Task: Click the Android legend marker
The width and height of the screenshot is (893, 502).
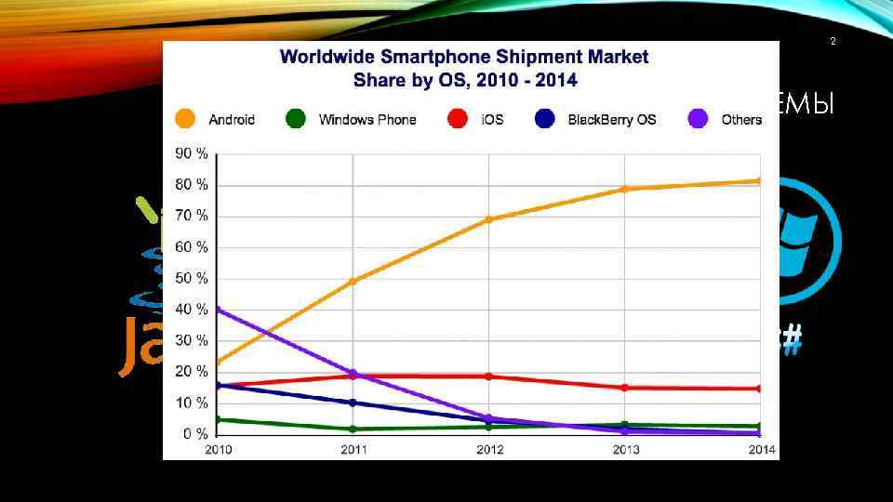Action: tap(185, 119)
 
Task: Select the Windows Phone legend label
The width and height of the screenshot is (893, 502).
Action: tap(367, 119)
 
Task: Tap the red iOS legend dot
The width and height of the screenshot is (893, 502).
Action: tap(457, 119)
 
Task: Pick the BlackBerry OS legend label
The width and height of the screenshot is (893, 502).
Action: tap(611, 119)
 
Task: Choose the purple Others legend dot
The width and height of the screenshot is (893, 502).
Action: tap(698, 119)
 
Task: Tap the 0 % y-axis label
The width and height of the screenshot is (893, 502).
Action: tap(194, 434)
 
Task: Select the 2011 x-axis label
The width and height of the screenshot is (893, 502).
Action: tap(353, 451)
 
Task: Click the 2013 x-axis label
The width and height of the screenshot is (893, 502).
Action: tap(626, 451)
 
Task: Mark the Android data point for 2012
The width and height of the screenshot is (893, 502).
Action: tap(489, 219)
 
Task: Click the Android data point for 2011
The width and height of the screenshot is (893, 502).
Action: tap(353, 281)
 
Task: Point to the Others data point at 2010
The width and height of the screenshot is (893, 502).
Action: tap(218, 310)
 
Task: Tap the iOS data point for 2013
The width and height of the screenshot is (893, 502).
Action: tap(625, 388)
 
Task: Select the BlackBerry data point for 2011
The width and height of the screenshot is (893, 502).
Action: tap(353, 403)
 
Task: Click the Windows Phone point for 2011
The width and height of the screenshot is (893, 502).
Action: tap(353, 429)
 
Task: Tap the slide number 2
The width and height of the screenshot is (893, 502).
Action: tap(833, 42)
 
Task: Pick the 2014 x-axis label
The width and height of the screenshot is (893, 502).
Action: tap(762, 451)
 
